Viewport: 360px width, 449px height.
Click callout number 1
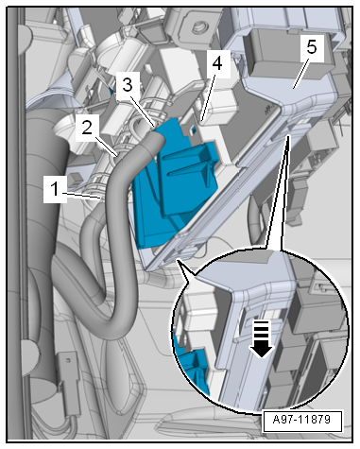[x=55, y=189]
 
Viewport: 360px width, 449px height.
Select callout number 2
[x=87, y=128]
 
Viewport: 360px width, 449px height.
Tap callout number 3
[x=127, y=85]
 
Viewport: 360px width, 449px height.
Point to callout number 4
[x=217, y=63]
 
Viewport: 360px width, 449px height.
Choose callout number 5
[x=311, y=47]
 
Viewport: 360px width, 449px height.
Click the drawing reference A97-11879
[x=301, y=420]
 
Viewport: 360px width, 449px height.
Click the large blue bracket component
[x=173, y=182]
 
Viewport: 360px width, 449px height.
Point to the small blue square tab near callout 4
[x=194, y=129]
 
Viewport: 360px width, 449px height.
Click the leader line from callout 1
[x=84, y=196]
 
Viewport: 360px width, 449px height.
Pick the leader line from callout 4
[x=209, y=96]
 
